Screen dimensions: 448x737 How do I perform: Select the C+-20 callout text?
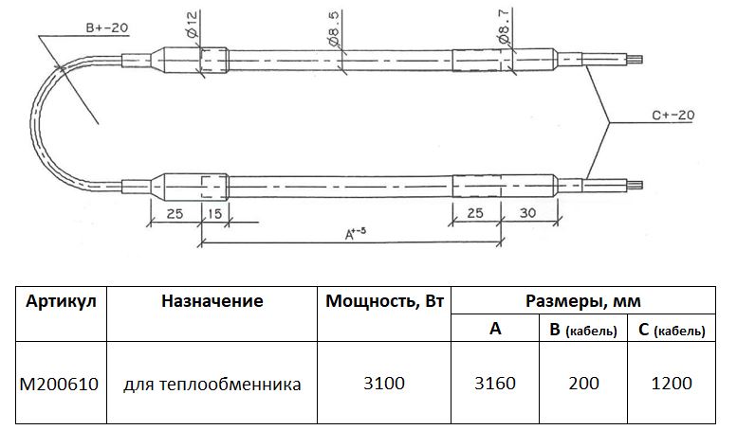[x=674, y=115]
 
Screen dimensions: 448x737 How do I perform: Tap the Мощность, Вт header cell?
[x=384, y=301]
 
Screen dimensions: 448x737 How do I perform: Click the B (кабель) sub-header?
[x=583, y=330]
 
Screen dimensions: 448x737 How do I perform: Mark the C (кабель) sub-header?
[x=672, y=330]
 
